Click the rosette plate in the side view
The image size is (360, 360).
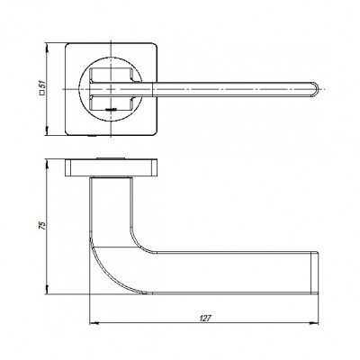pyautogui.click(x=112, y=168)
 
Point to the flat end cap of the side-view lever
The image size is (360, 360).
pyautogui.click(x=318, y=272)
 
